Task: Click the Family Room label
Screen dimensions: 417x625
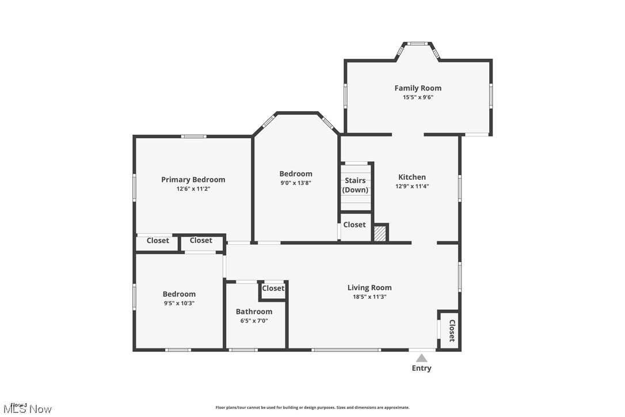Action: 418,88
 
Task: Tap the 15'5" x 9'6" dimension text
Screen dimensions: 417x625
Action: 418,97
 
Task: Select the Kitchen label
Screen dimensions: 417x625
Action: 412,177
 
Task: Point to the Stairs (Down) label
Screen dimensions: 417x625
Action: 355,185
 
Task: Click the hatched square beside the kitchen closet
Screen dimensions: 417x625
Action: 380,233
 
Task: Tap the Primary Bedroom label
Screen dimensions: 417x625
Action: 193,180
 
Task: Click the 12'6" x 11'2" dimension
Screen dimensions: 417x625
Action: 193,189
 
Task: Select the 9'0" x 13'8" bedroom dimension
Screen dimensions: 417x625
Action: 296,183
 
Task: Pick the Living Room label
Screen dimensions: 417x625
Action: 369,287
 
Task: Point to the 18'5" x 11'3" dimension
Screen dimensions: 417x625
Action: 369,297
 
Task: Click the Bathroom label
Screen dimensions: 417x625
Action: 254,312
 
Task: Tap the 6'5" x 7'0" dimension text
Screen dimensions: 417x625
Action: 254,321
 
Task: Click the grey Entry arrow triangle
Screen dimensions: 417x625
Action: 422,358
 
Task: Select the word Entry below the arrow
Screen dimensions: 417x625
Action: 421,369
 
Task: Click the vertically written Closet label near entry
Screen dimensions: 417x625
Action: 452,331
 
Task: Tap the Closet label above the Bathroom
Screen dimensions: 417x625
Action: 273,289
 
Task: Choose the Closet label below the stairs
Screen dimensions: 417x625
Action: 355,225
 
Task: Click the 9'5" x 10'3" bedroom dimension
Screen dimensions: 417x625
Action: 179,303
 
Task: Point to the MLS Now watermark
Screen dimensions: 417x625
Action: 26,409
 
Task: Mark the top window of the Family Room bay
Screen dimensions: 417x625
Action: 418,44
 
